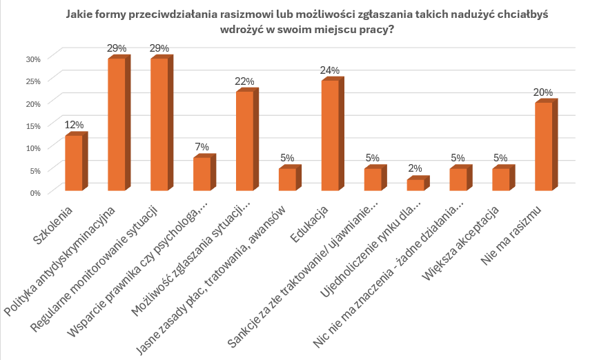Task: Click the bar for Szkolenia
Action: [x=73, y=163]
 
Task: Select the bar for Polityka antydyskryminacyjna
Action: [x=116, y=125]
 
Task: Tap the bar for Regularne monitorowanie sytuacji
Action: [x=159, y=125]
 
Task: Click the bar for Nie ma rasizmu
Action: [x=543, y=146]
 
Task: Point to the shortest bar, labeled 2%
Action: [x=415, y=185]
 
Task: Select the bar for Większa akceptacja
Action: [x=500, y=179]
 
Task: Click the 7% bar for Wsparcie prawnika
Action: [x=202, y=174]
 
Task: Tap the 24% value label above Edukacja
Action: [x=330, y=70]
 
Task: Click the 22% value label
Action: [x=244, y=81]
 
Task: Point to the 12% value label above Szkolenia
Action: [x=74, y=125]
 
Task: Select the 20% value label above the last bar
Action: [x=543, y=92]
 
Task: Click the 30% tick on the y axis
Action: [x=34, y=58]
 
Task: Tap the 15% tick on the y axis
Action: [x=34, y=125]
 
